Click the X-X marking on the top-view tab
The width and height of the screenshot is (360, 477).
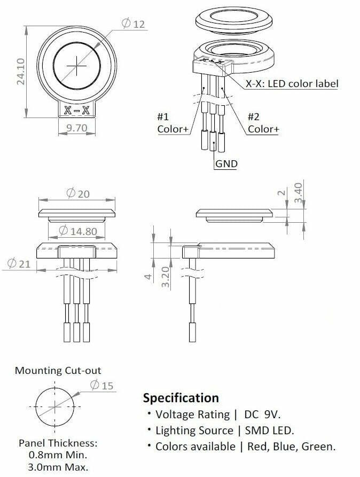76,111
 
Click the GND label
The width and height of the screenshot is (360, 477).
226,163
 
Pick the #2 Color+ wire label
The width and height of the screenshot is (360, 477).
263,123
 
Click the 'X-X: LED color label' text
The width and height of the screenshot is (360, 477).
292,84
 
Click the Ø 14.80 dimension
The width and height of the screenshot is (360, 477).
78,231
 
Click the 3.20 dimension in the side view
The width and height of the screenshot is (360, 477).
166,277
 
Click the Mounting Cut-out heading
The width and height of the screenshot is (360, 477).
58,370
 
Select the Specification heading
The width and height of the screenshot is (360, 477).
181,398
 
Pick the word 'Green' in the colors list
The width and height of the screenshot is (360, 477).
318,447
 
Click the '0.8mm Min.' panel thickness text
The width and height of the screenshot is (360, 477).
58,455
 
